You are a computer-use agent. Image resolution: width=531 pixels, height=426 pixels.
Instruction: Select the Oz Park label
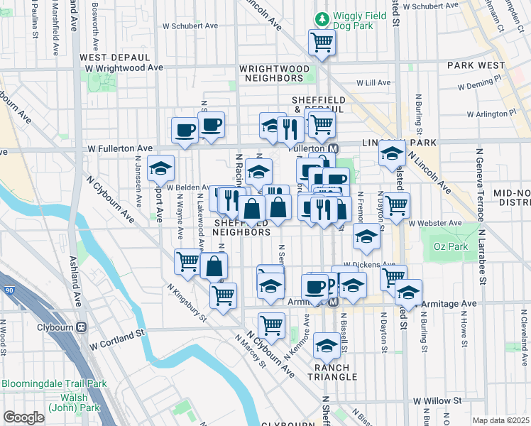pos(447,251)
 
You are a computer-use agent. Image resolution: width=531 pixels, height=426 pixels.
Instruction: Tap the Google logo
pos(23,417)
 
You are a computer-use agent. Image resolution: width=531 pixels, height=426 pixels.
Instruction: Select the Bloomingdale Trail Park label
pos(53,384)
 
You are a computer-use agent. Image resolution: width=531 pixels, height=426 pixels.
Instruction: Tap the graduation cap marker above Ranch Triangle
pos(327,346)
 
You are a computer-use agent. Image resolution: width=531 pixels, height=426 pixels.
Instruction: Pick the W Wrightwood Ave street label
pos(124,68)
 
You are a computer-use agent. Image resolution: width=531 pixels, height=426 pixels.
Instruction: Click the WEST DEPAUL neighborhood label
pos(115,57)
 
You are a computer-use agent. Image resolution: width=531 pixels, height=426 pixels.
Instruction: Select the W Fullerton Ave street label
pos(120,148)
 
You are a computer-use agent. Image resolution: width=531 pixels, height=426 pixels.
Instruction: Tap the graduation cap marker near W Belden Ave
pos(161,169)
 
